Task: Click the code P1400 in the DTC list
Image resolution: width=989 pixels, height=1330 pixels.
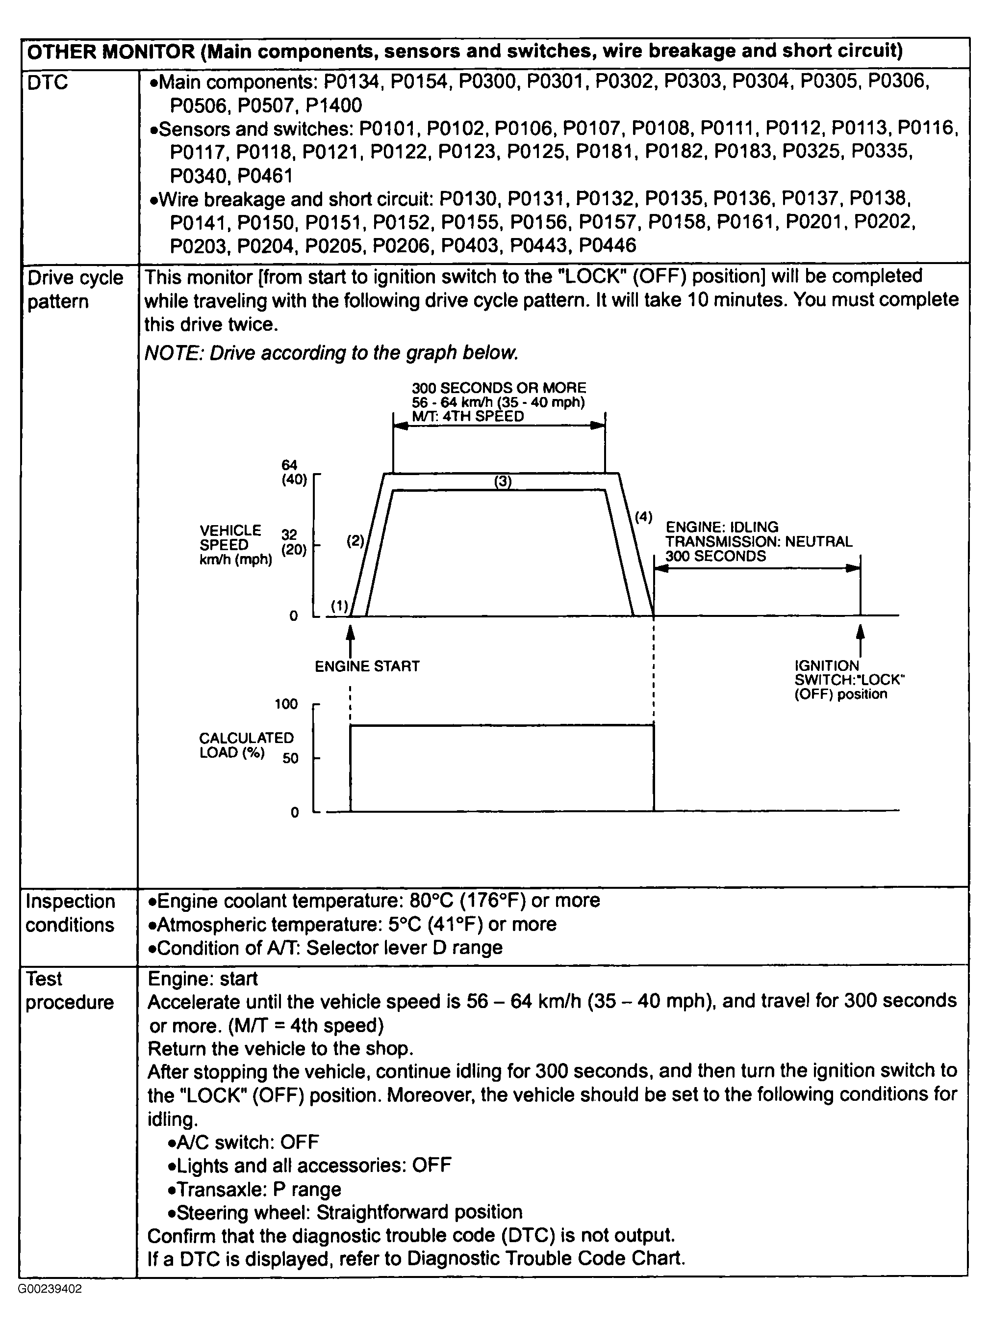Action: pyautogui.click(x=333, y=106)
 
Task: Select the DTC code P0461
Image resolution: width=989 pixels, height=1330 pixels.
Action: pyautogui.click(x=265, y=176)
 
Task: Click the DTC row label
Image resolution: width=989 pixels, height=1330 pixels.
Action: pyautogui.click(x=48, y=82)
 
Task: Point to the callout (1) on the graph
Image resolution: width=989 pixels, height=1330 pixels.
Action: pyautogui.click(x=339, y=606)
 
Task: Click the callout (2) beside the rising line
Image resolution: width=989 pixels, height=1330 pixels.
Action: pyautogui.click(x=355, y=540)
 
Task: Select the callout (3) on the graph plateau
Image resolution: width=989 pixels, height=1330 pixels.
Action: pyautogui.click(x=503, y=481)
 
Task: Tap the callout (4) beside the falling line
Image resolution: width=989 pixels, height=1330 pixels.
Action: pyautogui.click(x=644, y=516)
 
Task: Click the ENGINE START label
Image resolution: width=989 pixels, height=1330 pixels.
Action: pyautogui.click(x=367, y=666)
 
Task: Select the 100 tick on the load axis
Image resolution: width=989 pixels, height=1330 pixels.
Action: pyautogui.click(x=286, y=704)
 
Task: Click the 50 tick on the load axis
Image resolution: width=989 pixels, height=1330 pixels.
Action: pyautogui.click(x=290, y=758)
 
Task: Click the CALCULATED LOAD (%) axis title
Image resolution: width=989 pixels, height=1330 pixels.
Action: pyautogui.click(x=246, y=745)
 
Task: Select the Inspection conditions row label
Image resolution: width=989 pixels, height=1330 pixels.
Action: pyautogui.click(x=70, y=913)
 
